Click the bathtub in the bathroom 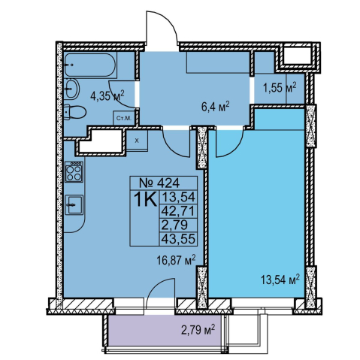90,65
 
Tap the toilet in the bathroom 74,112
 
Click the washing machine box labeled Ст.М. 124,118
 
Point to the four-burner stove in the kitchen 74,171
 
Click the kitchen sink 74,204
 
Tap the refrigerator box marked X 137,141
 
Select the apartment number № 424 159,183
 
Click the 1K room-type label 145,199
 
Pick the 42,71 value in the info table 178,211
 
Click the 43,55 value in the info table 178,239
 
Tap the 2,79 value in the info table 174,225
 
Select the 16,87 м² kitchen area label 176,260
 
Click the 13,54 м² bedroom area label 280,280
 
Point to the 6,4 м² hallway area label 216,107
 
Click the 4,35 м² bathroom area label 107,95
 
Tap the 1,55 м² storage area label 280,87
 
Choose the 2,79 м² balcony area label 198,330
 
